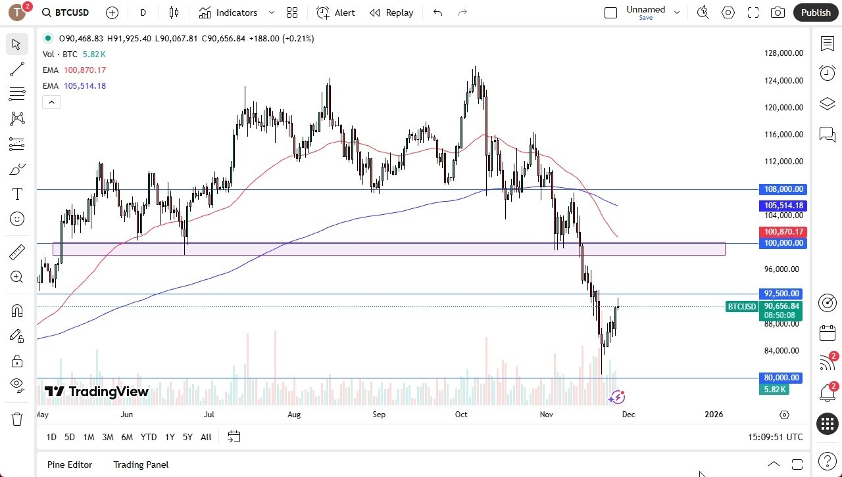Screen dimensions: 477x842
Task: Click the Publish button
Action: coord(816,12)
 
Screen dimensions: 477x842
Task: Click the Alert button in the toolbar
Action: coord(335,12)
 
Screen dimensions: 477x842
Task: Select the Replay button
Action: coord(391,12)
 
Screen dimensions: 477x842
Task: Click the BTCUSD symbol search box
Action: coord(66,12)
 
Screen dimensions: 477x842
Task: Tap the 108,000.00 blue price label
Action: coord(782,189)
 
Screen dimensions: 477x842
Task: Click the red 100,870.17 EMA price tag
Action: coord(782,232)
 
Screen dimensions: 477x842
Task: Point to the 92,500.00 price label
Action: coord(782,294)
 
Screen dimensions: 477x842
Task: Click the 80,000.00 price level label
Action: coord(782,378)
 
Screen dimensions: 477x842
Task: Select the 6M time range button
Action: coord(127,437)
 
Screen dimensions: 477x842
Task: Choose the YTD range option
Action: coord(149,437)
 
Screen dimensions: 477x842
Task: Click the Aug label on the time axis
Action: coord(294,415)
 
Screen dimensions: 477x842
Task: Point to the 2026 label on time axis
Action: coord(714,415)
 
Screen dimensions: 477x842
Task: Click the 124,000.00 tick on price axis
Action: coord(783,81)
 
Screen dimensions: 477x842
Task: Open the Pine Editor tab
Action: coord(70,465)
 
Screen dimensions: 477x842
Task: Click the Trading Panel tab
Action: coord(141,465)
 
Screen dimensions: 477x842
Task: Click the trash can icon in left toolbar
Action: coord(17,419)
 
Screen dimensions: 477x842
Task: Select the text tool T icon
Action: coord(17,194)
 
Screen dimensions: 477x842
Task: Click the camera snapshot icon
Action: coord(778,12)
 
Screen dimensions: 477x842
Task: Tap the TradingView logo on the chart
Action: coord(97,392)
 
